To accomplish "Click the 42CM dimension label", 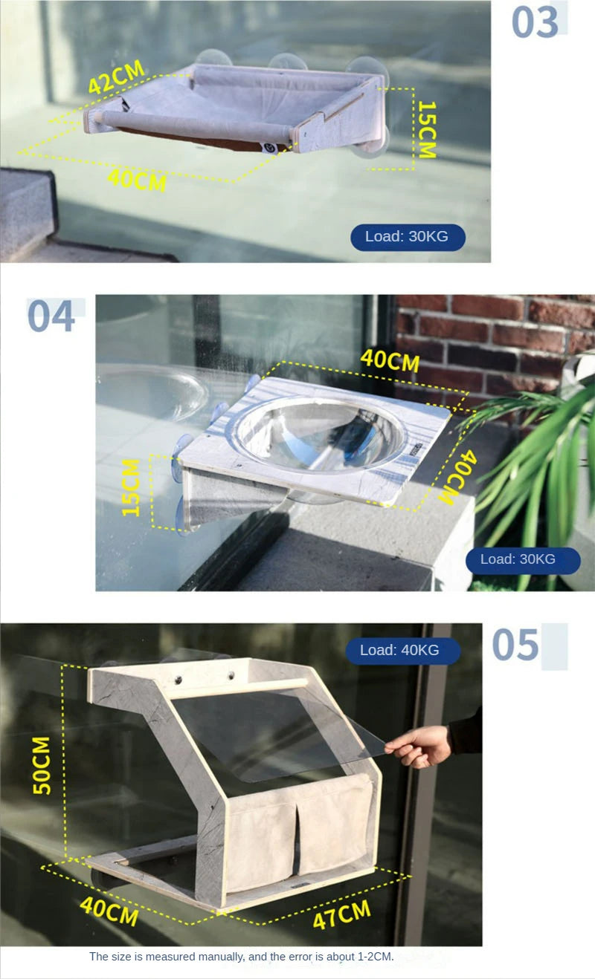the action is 116,77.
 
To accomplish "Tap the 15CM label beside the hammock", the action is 427,129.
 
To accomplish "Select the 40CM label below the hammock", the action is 137,179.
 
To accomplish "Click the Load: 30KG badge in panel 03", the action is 408,237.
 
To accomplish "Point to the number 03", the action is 535,22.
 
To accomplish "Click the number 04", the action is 51,316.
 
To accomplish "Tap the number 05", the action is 515,645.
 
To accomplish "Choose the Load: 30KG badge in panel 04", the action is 523,560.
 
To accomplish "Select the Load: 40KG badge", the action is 403,650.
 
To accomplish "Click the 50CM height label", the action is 42,765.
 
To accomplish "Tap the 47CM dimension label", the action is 341,914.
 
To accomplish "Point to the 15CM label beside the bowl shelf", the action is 130,487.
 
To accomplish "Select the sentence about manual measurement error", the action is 242,956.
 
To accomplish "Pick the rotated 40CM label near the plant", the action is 457,478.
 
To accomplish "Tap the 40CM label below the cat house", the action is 109,911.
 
